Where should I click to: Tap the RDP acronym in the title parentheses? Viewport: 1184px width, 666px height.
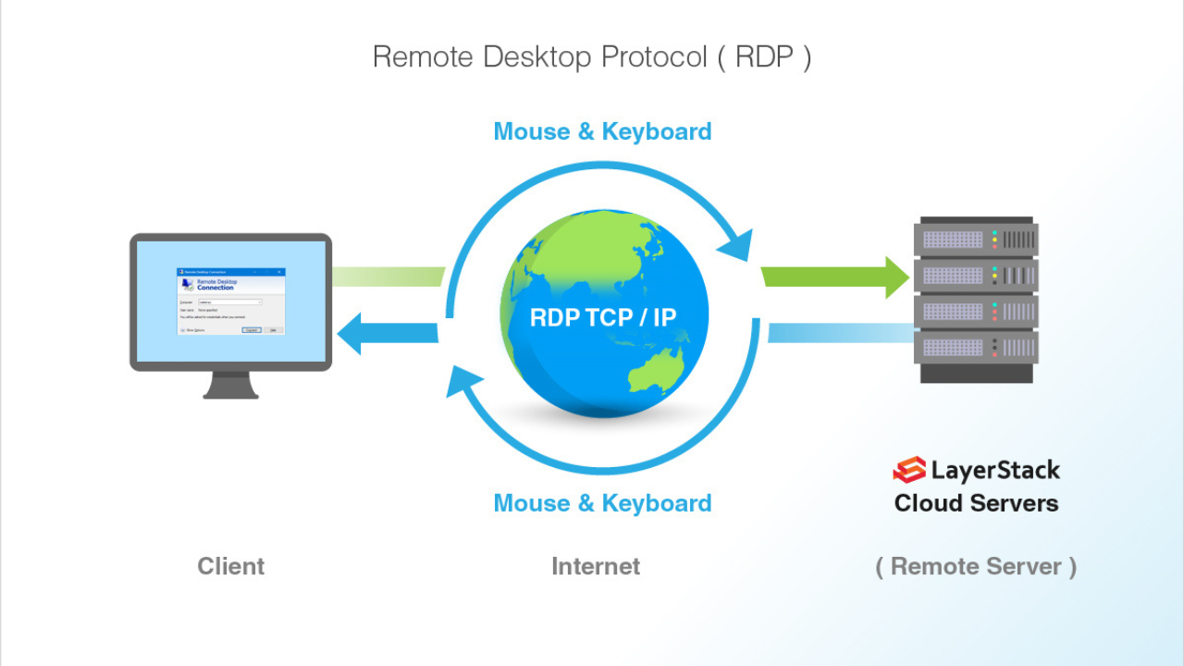tap(764, 57)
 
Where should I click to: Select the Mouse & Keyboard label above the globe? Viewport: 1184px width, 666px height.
tap(602, 131)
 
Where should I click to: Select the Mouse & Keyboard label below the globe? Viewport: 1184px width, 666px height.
tap(602, 503)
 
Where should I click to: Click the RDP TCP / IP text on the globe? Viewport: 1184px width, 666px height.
tap(603, 318)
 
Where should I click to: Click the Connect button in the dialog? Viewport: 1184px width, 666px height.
tap(251, 329)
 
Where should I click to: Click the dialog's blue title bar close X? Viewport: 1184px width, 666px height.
tap(281, 272)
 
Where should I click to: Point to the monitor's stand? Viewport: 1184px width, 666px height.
tap(230, 385)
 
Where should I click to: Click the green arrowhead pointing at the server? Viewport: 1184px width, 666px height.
tap(895, 276)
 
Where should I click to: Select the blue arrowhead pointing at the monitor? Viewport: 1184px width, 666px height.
tap(350, 333)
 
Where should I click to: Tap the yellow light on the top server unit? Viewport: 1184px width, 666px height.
tap(994, 240)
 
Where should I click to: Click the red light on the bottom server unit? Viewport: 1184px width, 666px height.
tap(994, 353)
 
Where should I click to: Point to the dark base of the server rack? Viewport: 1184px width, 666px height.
tap(976, 373)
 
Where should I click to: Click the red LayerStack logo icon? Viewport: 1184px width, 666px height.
tap(908, 470)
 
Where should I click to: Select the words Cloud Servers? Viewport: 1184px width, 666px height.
tap(976, 503)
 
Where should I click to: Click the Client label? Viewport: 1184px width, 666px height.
tap(230, 566)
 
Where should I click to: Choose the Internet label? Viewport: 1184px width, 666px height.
tap(596, 566)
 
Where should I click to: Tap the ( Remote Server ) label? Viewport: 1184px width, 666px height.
tap(976, 566)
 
